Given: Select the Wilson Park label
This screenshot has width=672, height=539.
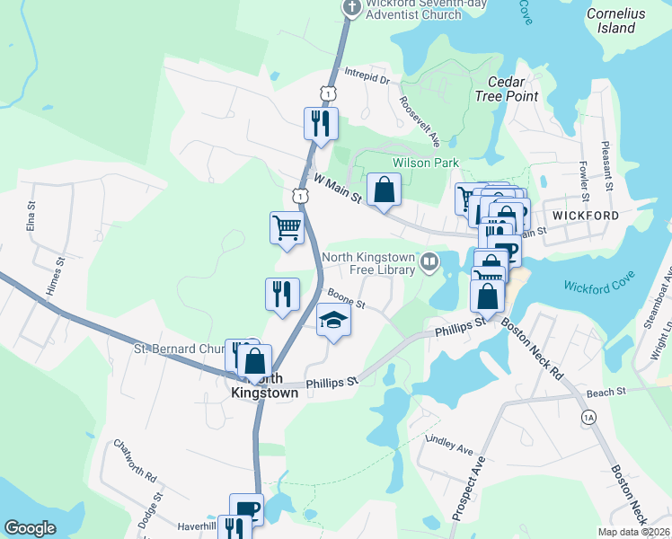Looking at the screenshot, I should (425, 163).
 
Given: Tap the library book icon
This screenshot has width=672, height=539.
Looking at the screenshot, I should (429, 262).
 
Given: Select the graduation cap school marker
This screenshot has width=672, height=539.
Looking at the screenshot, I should (332, 319).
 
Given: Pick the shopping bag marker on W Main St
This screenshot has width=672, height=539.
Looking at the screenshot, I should (384, 189).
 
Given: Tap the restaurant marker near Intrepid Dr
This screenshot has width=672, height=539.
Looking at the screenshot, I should (321, 122).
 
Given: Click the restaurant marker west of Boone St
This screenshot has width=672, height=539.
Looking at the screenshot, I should (282, 293).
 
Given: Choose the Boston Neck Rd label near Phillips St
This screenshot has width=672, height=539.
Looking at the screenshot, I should (531, 346).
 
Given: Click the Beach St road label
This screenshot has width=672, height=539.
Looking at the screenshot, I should (607, 393).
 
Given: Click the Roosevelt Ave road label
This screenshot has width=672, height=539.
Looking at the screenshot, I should (420, 122).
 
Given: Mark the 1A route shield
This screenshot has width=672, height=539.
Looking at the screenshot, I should (589, 417).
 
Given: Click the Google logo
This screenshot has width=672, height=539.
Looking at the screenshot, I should (30, 527).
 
